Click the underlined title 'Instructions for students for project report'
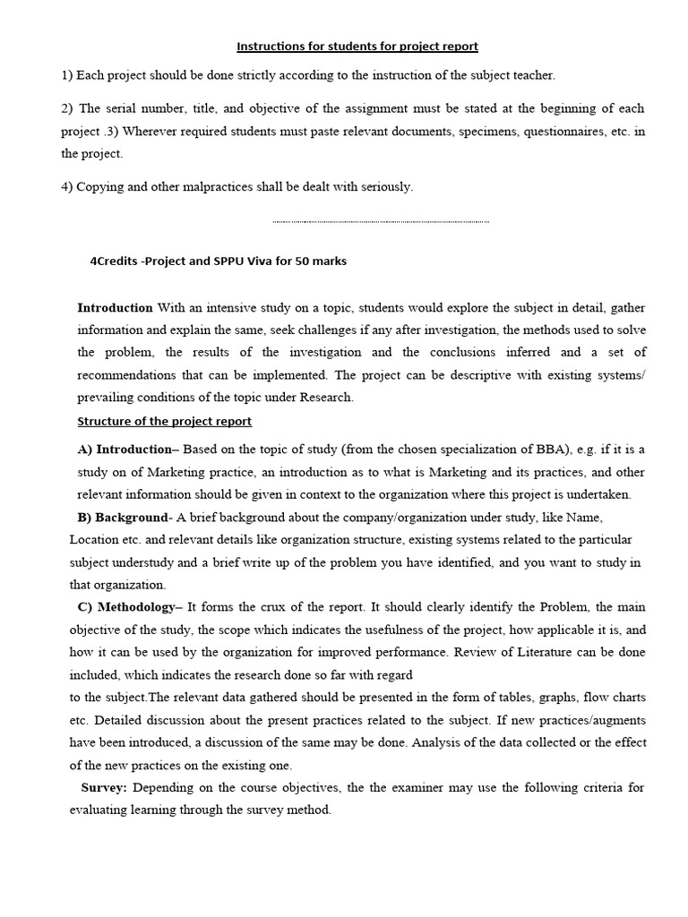point(357,46)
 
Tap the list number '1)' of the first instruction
point(67,75)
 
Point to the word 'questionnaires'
point(518,131)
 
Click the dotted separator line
point(381,221)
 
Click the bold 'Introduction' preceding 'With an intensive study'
point(116,307)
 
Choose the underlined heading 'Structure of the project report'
point(165,421)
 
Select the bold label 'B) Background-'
point(125,518)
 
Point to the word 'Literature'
point(577,652)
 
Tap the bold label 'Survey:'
point(106,788)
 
